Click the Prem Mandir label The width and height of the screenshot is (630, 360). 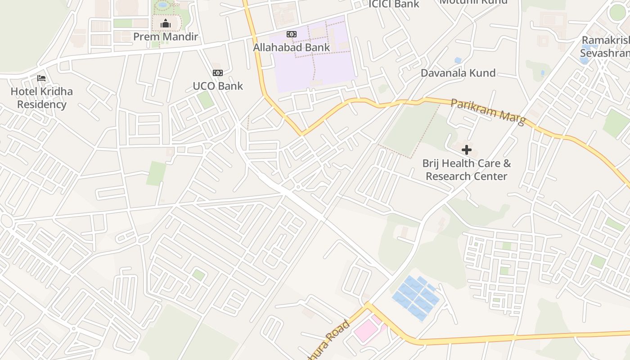point(166,36)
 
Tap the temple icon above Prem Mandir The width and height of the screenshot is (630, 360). point(166,23)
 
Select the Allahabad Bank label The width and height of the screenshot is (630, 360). point(291,47)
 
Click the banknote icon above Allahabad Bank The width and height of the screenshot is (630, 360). point(291,34)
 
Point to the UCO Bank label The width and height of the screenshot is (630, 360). point(218,86)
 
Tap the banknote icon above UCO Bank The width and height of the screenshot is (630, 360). point(218,73)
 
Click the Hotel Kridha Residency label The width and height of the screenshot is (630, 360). point(41,98)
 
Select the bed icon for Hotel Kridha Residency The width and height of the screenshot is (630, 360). point(41,78)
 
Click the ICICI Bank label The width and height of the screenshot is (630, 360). point(394,4)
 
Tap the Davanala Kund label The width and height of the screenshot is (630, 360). point(458,73)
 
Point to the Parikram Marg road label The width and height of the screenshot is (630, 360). point(488,112)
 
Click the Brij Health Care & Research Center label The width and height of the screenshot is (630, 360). point(467,170)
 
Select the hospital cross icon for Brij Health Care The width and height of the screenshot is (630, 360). point(467,150)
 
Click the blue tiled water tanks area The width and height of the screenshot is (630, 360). point(415,297)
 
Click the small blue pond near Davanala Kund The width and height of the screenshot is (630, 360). point(458,60)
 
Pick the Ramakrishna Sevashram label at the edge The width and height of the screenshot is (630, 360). point(605,47)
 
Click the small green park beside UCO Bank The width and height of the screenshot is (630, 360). point(206,99)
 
